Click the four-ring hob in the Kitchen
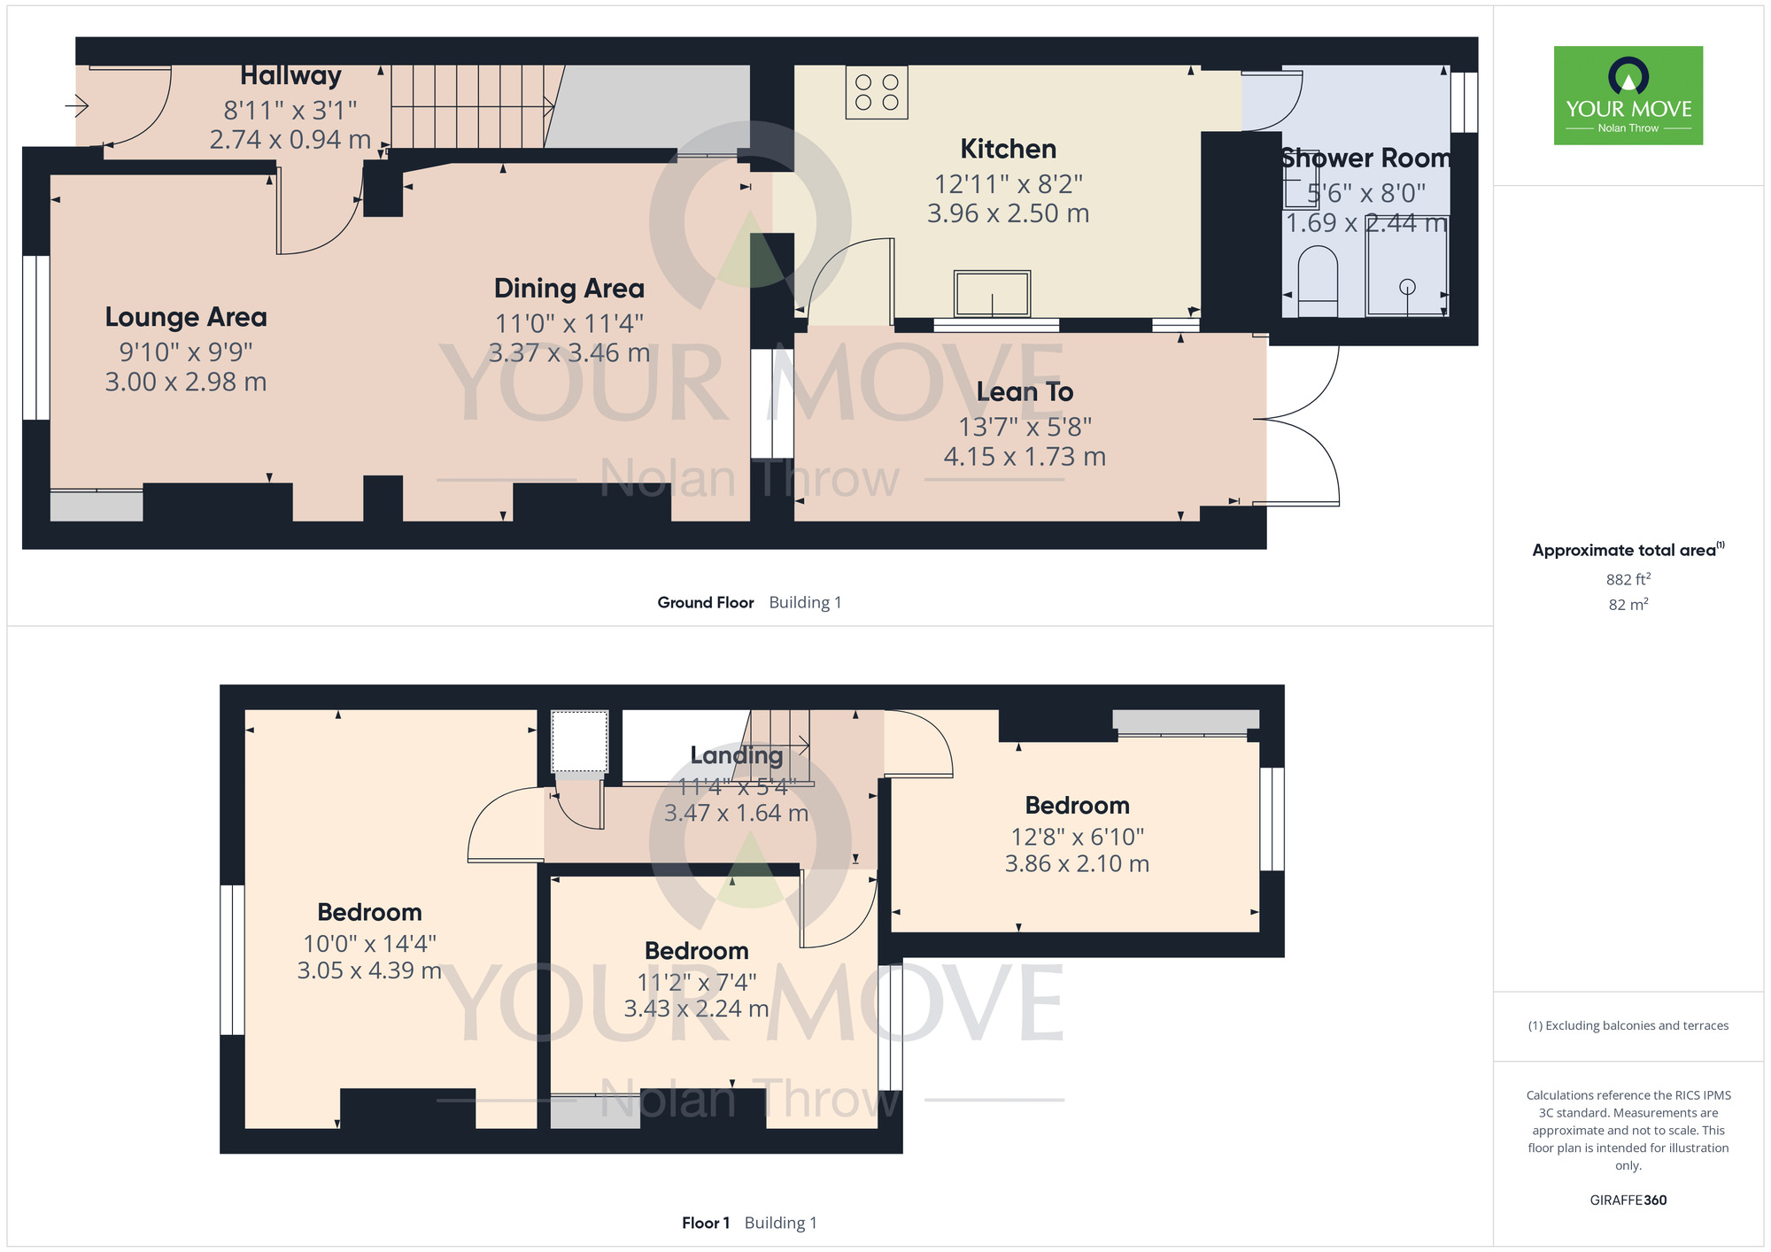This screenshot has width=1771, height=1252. pyautogui.click(x=877, y=93)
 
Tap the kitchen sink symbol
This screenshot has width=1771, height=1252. pyautogui.click(x=992, y=294)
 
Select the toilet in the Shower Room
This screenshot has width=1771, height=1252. pyautogui.click(x=1317, y=282)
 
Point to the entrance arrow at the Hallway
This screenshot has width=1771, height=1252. pyautogui.click(x=77, y=107)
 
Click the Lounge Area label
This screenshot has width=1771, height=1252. pyautogui.click(x=186, y=317)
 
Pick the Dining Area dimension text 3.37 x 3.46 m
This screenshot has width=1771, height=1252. pyautogui.click(x=569, y=353)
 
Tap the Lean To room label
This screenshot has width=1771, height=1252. pyautogui.click(x=1025, y=391)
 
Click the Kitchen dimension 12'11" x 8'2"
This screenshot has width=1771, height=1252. pyautogui.click(x=1009, y=184)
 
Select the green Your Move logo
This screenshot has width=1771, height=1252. pyautogui.click(x=1628, y=96)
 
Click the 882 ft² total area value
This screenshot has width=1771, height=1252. pyautogui.click(x=1628, y=579)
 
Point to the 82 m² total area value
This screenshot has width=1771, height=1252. pyautogui.click(x=1628, y=605)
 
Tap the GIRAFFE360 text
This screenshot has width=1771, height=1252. pyautogui.click(x=1628, y=1201)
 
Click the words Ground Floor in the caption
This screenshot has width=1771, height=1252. pyautogui.click(x=706, y=602)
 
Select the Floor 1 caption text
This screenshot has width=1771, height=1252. pyautogui.click(x=706, y=1223)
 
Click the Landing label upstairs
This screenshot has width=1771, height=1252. pyautogui.click(x=737, y=755)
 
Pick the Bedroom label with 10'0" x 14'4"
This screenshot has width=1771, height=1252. pyautogui.click(x=369, y=912)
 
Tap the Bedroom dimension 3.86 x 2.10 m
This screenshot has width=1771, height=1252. pyautogui.click(x=1077, y=863)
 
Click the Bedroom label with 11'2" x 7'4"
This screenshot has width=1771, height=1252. pyautogui.click(x=697, y=950)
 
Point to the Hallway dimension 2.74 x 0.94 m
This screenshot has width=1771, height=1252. pyautogui.click(x=290, y=140)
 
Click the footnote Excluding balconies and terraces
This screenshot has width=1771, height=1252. pyautogui.click(x=1628, y=1025)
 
